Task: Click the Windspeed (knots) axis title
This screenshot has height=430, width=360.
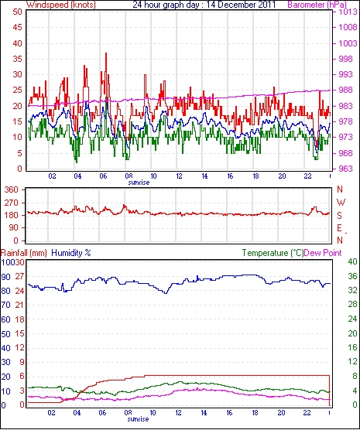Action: [x=61, y=5]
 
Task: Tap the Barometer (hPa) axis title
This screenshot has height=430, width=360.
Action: [x=317, y=5]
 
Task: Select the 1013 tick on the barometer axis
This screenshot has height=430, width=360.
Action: [x=348, y=12]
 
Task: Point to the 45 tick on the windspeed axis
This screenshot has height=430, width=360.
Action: [x=17, y=27]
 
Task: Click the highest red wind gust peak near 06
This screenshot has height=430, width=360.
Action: [x=106, y=53]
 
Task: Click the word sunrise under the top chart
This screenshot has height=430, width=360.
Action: [x=139, y=183]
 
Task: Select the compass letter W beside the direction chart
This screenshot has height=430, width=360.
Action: [x=341, y=203]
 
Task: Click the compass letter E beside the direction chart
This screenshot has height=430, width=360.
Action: [x=339, y=228]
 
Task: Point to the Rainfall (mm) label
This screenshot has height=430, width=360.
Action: [x=24, y=253]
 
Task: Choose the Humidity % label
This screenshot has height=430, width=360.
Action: [x=71, y=253]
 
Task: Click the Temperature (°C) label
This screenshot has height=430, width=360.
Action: [x=273, y=253]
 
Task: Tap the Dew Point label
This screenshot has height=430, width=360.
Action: [x=323, y=253]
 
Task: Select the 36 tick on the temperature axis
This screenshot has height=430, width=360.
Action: [x=353, y=276]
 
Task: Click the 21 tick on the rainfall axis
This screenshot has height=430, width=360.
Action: [x=19, y=305]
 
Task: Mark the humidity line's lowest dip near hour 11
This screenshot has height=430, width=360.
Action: [x=166, y=293]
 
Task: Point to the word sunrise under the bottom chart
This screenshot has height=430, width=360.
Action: [x=138, y=419]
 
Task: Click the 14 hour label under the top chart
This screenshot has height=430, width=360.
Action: [x=204, y=176]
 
